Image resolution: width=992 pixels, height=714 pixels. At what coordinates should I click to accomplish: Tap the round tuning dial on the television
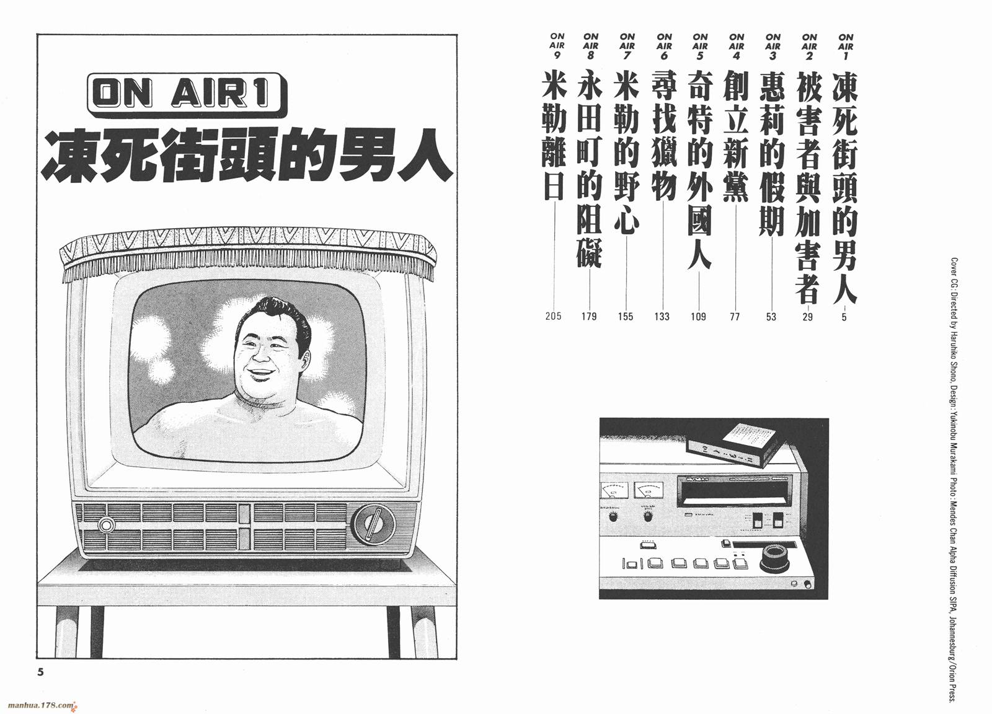click(373, 524)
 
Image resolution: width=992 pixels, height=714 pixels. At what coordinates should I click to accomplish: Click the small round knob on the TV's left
click(106, 525)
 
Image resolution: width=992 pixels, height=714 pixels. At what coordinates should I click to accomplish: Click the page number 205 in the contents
click(554, 315)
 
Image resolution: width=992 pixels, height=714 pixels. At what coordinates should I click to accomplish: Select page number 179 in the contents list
click(589, 316)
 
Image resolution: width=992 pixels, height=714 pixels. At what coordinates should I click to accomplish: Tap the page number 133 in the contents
click(662, 316)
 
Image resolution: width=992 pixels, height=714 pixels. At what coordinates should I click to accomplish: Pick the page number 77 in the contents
click(735, 316)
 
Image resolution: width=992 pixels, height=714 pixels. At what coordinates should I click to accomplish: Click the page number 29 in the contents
click(808, 316)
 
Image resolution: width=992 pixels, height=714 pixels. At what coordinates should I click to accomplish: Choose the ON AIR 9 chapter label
click(557, 46)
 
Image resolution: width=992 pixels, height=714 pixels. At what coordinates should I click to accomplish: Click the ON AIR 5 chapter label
click(700, 46)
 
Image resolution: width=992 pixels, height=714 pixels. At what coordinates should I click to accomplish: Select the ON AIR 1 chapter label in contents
click(846, 46)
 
